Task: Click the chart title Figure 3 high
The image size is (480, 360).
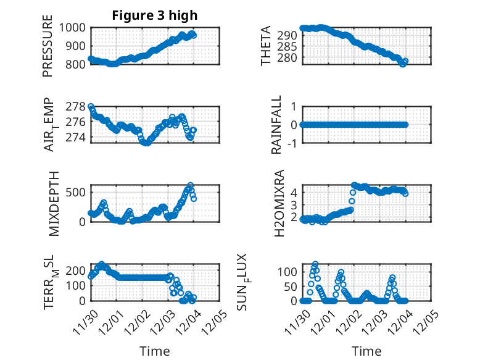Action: (155, 15)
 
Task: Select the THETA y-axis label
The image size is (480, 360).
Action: (266, 46)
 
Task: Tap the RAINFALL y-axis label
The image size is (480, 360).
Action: (277, 125)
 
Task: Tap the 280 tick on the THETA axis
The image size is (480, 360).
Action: (291, 57)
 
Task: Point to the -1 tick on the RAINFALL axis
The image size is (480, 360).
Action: (294, 143)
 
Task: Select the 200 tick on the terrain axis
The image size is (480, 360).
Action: (79, 270)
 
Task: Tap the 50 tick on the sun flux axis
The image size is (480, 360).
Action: (292, 286)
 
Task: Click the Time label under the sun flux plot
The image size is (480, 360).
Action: (366, 351)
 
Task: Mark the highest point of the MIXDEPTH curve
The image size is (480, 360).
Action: (191, 185)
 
